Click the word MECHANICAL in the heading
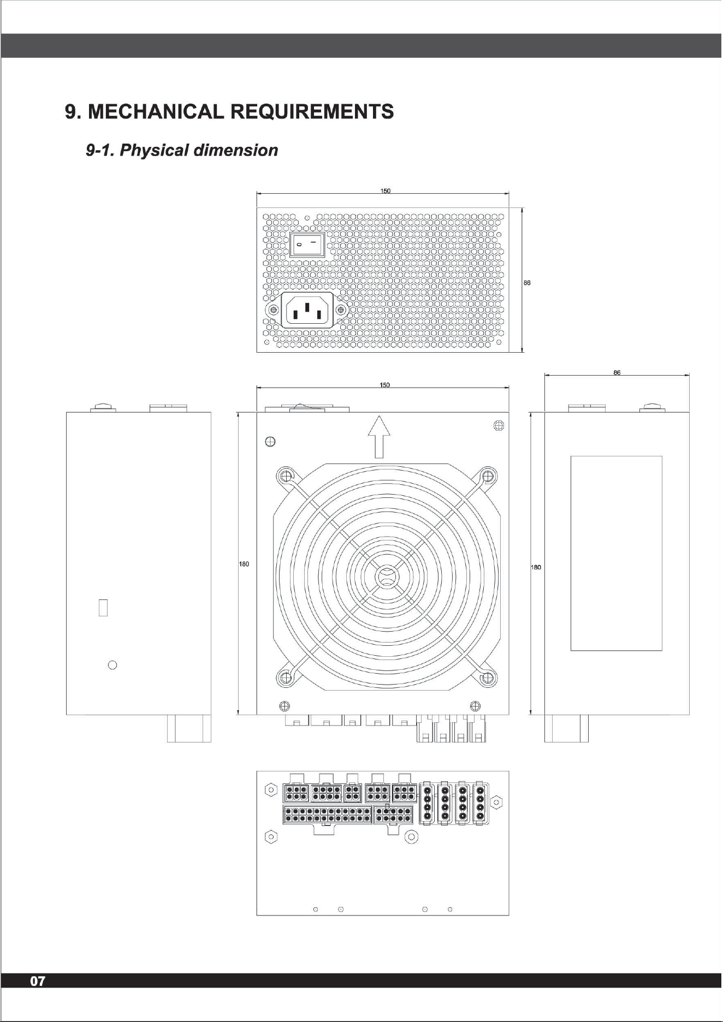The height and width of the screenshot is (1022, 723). tap(156, 111)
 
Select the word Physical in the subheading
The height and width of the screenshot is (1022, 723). tap(152, 150)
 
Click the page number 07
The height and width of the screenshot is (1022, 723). tap(37, 981)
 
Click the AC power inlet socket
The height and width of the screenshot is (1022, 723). tap(306, 310)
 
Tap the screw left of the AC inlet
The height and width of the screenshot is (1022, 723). tap(272, 310)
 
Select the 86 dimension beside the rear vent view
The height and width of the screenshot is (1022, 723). tap(527, 283)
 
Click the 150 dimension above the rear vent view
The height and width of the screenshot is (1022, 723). tap(385, 191)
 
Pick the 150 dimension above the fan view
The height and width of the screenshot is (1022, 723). tap(385, 385)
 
